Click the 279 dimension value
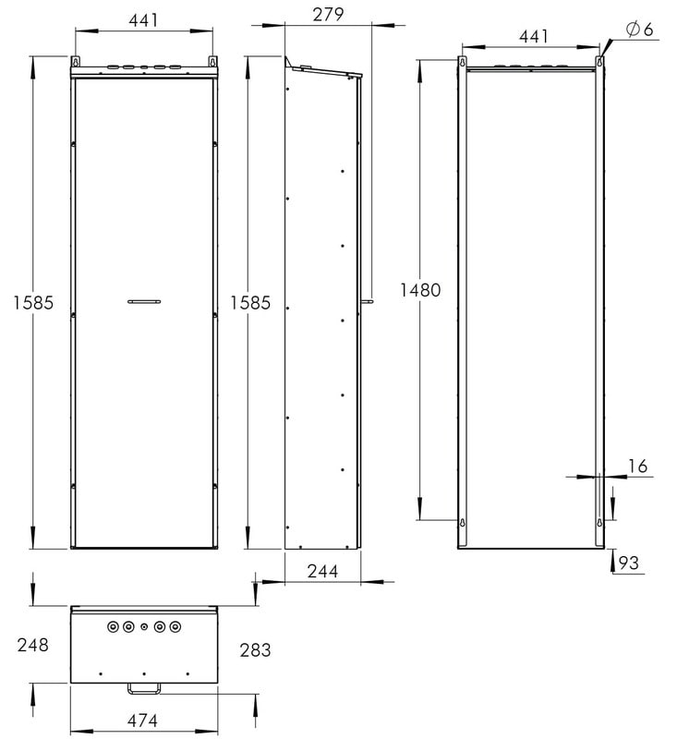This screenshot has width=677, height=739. coord(328,15)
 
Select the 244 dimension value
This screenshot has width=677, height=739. coord(322,571)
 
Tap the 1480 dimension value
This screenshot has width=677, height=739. coord(420,290)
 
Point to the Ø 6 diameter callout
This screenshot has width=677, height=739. coord(640,30)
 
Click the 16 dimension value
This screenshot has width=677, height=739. coord(637,466)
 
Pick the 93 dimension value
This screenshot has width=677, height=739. coord(628,563)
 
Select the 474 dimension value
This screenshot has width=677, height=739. coord(142,721)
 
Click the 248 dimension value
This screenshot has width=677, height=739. coord(32,645)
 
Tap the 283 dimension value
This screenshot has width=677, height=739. coord(255,650)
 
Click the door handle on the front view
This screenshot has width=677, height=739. coord(144,302)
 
